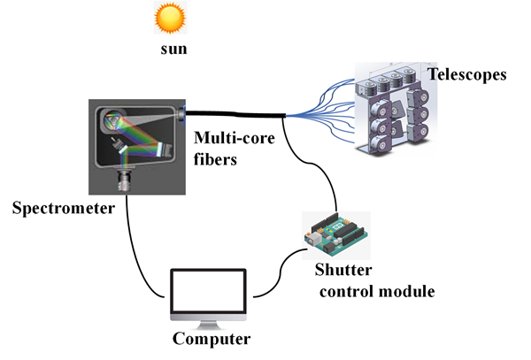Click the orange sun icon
pyautogui.click(x=169, y=17)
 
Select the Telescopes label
pyautogui.click(x=467, y=74)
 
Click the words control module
pyautogui.click(x=377, y=290)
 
